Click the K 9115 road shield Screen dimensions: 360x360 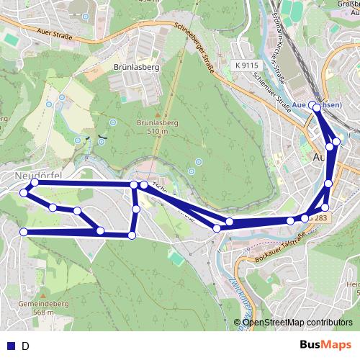click(246, 65)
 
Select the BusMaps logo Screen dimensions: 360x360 click(325, 346)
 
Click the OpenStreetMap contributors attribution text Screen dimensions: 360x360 click(297, 322)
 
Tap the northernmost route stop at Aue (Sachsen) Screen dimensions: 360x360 click(316, 107)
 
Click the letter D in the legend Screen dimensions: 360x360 click(25, 346)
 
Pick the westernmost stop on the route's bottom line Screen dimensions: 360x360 click(24, 232)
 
